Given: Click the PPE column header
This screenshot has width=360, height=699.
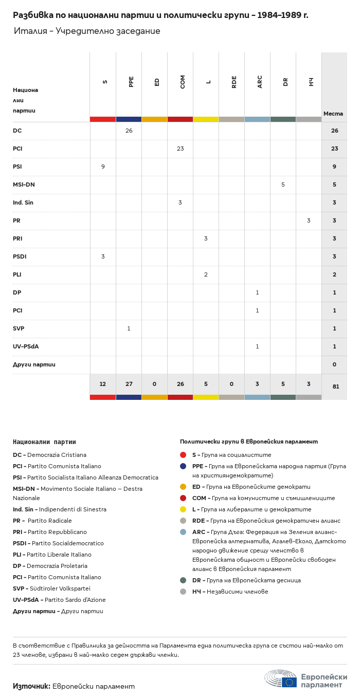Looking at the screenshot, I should [x=131, y=81].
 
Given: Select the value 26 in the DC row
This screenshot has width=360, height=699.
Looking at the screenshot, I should [x=129, y=131].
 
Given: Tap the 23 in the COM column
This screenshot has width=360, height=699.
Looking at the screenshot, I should [x=180, y=149].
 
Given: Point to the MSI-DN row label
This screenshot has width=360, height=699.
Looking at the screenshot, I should [x=24, y=185].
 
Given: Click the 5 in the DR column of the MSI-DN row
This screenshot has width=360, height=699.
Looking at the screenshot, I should [x=283, y=185].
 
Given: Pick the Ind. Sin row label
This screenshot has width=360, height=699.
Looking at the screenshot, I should [x=23, y=203].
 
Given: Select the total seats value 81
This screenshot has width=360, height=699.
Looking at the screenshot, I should [x=335, y=387].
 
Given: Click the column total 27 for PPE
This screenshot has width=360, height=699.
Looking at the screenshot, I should [x=129, y=384].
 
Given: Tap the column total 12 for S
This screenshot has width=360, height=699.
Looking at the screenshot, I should [x=103, y=384].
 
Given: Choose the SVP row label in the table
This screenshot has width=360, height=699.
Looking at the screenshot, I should [x=19, y=328].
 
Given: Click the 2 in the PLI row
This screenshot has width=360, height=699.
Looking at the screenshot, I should [x=206, y=274].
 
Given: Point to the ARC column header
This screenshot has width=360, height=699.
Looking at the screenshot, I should [x=260, y=81].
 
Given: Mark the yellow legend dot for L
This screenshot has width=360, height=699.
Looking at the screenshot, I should [x=183, y=509].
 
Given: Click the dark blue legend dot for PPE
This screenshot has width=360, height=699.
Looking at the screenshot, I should [x=183, y=466].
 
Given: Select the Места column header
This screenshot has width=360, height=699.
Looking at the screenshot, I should [x=333, y=114].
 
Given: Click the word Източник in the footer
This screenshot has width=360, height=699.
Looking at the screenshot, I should [x=31, y=686].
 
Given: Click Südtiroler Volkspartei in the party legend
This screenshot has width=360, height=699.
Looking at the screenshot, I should [x=60, y=588].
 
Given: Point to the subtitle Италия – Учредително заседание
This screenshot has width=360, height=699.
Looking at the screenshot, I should [x=87, y=31].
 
